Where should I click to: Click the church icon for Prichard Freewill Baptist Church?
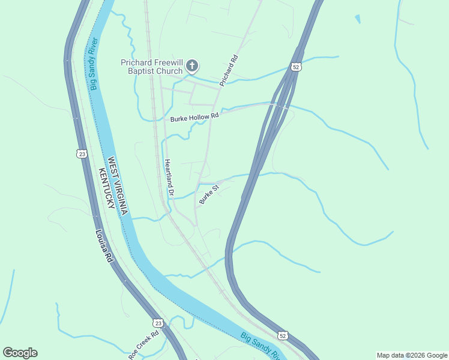tap(191, 66)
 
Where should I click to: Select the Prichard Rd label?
tap(229, 71)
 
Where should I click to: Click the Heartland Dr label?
tap(169, 178)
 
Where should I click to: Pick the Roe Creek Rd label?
tap(144, 345)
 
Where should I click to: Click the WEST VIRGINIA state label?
tap(118, 187)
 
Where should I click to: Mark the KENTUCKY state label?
tap(106, 188)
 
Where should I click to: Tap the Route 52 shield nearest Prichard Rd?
tap(295, 67)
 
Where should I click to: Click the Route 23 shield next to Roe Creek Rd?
tap(157, 322)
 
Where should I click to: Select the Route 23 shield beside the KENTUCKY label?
tap(82, 154)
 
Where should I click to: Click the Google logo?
tap(20, 353)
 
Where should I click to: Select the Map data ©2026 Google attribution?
tap(412, 355)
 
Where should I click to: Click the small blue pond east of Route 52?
tap(358, 19)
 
